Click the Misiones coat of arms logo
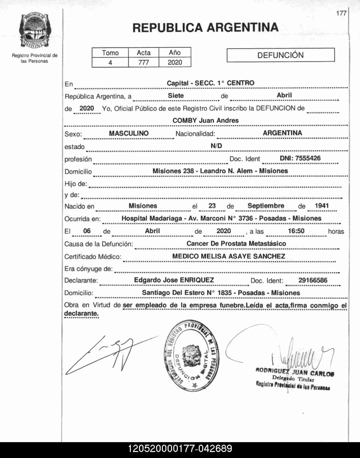pos(35,31)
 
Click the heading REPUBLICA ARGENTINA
pos(205,28)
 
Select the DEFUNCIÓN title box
pos(281,55)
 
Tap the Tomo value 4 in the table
pos(110,62)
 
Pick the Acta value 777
pos(143,62)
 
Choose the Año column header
pos(175,53)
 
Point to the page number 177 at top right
pos(341,13)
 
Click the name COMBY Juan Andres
pos(205,121)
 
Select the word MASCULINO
pos(129,133)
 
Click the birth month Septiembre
pos(266,206)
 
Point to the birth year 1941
pos(322,206)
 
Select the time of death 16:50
pos(296,231)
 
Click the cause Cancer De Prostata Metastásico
pos(236,244)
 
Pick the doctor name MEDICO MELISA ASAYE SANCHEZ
pos(229,256)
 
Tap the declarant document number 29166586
pos(313,280)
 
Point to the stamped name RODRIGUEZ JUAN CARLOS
pos(295,372)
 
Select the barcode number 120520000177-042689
pos(180,449)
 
